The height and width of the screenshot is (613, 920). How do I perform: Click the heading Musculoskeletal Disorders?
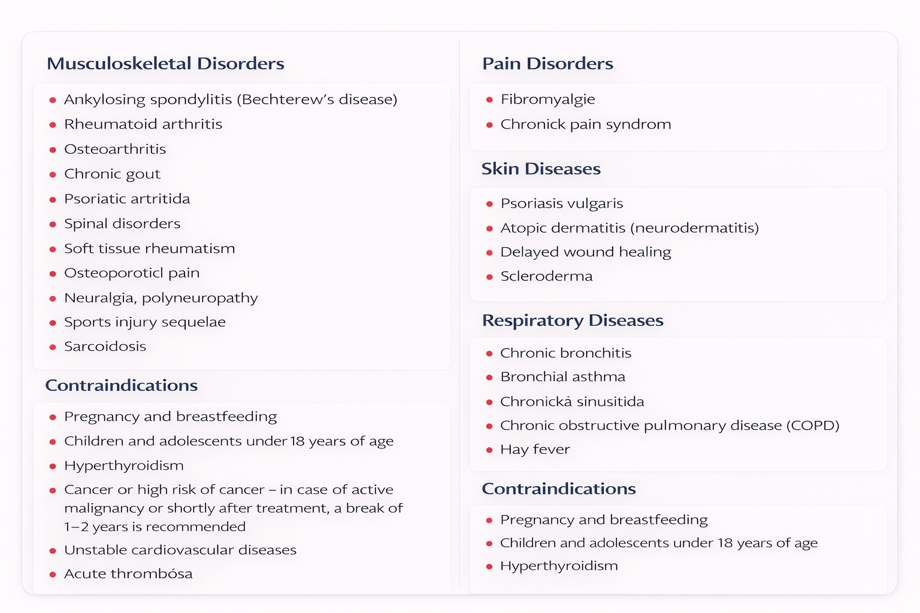[x=165, y=63]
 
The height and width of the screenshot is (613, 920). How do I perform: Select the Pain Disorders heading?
[x=547, y=63]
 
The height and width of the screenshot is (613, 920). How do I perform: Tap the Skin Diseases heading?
[x=541, y=169]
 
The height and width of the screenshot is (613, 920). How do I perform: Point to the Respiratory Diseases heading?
[x=573, y=320]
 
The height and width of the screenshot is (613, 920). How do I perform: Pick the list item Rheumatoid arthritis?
[x=143, y=125]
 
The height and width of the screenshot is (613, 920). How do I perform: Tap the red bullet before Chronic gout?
[x=53, y=175]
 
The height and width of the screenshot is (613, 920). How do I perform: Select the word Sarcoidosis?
[x=105, y=347]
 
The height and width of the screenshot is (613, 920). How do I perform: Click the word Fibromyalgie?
[x=547, y=99]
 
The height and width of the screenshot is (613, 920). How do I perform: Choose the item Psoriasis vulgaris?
[x=561, y=204]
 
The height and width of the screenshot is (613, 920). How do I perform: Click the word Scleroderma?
[x=546, y=277]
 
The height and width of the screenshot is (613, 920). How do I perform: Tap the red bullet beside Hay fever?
[x=489, y=450]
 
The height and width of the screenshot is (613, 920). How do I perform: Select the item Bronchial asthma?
[x=562, y=377]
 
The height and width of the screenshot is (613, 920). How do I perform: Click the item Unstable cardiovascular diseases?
[x=180, y=550]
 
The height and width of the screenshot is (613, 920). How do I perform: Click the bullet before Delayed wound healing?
[x=489, y=253]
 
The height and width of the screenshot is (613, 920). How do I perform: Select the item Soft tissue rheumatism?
[x=149, y=248]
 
